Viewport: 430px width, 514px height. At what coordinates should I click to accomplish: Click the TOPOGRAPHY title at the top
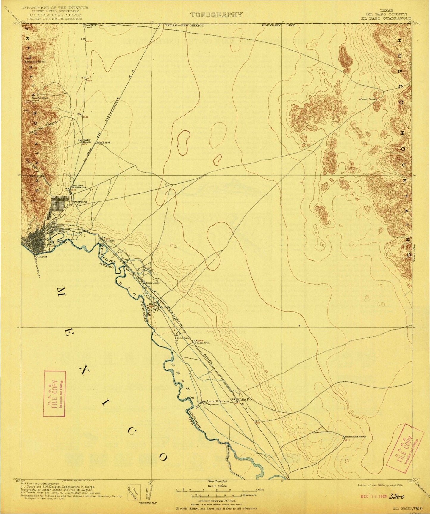pyautogui.click(x=216, y=15)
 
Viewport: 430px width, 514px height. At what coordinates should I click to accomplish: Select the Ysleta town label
pyautogui.click(x=164, y=307)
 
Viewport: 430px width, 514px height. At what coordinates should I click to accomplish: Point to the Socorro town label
pyautogui.click(x=184, y=338)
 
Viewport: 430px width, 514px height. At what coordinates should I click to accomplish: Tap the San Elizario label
pyautogui.click(x=218, y=401)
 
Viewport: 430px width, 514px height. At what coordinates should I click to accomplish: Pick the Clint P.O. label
pyautogui.click(x=246, y=400)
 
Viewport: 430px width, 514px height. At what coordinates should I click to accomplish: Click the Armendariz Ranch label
pyautogui.click(x=355, y=436)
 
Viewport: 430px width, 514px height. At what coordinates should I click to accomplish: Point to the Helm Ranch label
pyautogui.click(x=103, y=142)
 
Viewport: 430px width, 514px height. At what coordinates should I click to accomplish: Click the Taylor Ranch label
pyautogui.click(x=87, y=141)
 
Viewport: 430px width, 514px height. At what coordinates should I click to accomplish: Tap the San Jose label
pyautogui.click(x=152, y=283)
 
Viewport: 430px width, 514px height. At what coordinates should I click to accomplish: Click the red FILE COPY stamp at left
pyautogui.click(x=54, y=394)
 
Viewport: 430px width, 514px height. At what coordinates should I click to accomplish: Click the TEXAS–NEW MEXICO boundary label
pyautogui.click(x=184, y=26)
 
